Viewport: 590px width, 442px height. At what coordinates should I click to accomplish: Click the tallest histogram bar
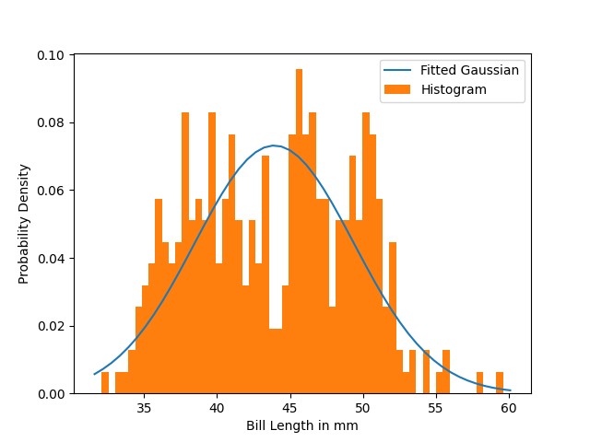(x=299, y=230)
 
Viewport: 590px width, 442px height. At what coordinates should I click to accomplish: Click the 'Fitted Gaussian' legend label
(x=469, y=70)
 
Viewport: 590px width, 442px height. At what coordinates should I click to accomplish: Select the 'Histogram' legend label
(x=454, y=89)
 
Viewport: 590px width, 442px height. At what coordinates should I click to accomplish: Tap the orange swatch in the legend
(x=398, y=89)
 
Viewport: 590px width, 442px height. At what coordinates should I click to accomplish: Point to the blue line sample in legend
(x=398, y=70)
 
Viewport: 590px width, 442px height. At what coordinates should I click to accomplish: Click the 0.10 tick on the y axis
(x=52, y=55)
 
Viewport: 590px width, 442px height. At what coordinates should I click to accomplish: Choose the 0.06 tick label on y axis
(x=52, y=191)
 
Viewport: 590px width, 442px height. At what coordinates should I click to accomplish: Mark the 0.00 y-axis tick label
(x=52, y=393)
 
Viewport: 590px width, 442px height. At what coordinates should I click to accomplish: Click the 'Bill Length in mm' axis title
(x=301, y=426)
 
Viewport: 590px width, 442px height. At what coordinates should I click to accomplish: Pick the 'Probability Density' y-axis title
(x=25, y=224)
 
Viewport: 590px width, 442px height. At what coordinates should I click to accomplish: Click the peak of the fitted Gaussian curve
(x=274, y=145)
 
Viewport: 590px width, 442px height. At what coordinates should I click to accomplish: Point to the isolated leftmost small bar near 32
(x=105, y=383)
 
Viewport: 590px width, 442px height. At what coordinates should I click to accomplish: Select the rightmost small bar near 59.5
(x=500, y=383)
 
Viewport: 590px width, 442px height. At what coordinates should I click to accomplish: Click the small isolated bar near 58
(x=479, y=383)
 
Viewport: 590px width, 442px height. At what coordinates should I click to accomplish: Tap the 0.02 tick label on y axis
(x=52, y=326)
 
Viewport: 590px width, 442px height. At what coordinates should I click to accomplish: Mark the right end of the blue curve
(x=510, y=390)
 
